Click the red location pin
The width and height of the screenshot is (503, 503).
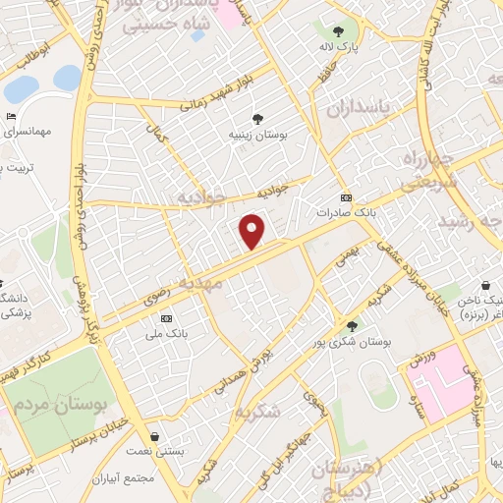tap(253, 230)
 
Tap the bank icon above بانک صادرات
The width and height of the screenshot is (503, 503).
tap(345, 196)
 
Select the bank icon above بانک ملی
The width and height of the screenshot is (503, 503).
tap(164, 317)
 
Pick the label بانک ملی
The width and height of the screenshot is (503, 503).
tap(164, 333)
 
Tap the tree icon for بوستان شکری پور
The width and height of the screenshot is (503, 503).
tap(352, 326)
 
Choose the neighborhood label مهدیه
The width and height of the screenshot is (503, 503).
tap(221, 283)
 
